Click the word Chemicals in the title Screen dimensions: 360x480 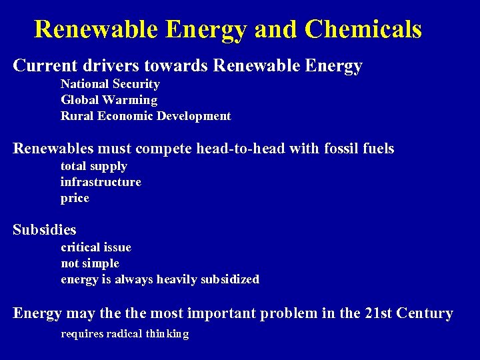363,29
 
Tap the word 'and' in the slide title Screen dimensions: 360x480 277,29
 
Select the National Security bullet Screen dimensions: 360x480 110,84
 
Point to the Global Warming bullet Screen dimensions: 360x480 109,100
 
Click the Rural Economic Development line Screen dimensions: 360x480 145,116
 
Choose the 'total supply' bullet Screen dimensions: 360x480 93,166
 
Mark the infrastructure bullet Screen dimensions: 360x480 101,182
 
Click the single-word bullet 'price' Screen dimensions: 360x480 75,199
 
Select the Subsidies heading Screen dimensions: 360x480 45,230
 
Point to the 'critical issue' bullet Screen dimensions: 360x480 96,247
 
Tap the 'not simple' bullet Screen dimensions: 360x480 90,263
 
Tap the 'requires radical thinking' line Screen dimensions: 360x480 125,334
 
